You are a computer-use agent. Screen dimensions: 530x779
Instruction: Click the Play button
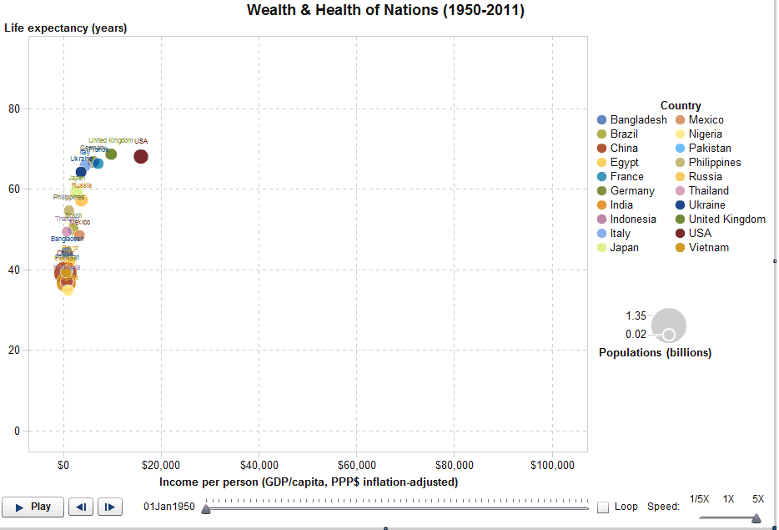[x=33, y=507]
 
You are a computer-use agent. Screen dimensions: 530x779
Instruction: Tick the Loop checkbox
[x=603, y=507]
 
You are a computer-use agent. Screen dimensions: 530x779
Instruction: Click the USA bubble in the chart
[x=140, y=156]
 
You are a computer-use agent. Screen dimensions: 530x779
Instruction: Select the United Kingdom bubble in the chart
[x=111, y=154]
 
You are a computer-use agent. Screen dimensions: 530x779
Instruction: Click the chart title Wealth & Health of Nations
[x=385, y=10]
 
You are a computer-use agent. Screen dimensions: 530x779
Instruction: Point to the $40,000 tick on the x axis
[x=259, y=465]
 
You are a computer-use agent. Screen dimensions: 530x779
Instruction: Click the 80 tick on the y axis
[x=14, y=109]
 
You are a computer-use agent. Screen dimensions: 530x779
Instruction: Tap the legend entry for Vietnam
[x=708, y=248]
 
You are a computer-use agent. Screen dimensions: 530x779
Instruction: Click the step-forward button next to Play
[x=110, y=507]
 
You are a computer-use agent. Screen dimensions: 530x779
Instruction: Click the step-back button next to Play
[x=80, y=507]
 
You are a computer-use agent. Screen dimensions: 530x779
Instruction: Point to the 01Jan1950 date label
[x=169, y=507]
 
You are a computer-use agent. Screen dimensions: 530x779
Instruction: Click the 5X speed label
[x=757, y=499]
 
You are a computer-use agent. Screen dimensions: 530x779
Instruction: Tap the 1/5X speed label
[x=699, y=499]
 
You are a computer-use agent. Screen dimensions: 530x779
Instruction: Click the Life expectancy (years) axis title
[x=66, y=28]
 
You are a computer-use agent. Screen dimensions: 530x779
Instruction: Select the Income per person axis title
[x=308, y=482]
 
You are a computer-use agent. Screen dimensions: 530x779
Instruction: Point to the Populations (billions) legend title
[x=655, y=352]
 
